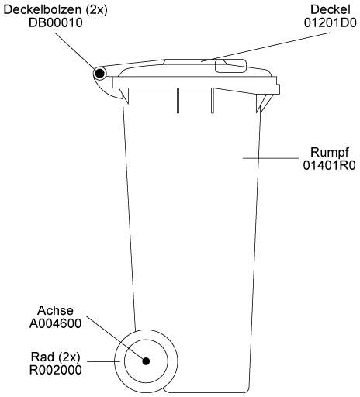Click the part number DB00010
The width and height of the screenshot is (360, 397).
click(56, 22)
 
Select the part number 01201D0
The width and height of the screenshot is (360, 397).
click(331, 22)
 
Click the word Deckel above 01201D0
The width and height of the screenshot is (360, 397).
click(331, 10)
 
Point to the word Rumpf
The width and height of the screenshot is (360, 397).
click(330, 153)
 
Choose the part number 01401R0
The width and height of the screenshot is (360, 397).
click(330, 165)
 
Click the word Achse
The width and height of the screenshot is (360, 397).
click(55, 310)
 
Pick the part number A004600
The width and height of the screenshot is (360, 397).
click(55, 323)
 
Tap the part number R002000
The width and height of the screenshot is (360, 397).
click(55, 370)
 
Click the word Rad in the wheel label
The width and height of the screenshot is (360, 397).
click(43, 357)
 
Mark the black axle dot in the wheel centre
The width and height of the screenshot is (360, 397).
click(146, 361)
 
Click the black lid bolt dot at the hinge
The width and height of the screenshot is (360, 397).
click(99, 74)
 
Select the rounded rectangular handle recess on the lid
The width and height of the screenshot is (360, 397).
click(231, 66)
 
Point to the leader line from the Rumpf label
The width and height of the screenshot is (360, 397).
click(271, 158)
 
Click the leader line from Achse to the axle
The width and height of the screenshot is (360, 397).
click(116, 337)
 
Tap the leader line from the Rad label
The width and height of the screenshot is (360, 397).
click(103, 361)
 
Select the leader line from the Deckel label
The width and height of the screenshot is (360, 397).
click(265, 47)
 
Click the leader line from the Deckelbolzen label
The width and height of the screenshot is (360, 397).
click(75, 51)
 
